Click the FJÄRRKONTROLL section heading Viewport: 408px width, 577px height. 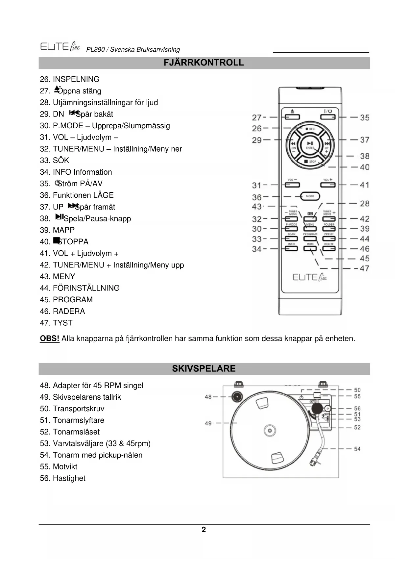[x=204, y=63]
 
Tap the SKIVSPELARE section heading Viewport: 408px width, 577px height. [x=204, y=368]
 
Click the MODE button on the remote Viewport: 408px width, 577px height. [x=310, y=196]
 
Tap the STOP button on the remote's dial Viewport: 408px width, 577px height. [x=310, y=162]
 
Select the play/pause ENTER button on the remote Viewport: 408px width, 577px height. [x=310, y=144]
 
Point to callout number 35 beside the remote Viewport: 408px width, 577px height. [x=365, y=117]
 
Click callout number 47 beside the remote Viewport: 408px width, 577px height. [x=364, y=268]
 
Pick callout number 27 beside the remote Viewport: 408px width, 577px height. [x=256, y=117]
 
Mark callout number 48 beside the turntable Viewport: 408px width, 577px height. [x=208, y=397]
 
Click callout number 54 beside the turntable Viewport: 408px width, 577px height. [x=357, y=449]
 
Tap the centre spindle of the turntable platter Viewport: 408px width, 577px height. [x=270, y=431]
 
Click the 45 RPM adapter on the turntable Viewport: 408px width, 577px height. [x=237, y=397]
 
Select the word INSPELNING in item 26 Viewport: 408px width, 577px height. [x=76, y=79]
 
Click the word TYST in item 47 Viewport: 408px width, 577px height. [x=62, y=323]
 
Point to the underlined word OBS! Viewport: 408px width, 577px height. [x=50, y=339]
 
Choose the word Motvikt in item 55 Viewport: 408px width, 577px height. [x=65, y=467]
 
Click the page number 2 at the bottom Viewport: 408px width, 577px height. [x=204, y=530]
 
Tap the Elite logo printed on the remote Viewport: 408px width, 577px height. [x=310, y=277]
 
